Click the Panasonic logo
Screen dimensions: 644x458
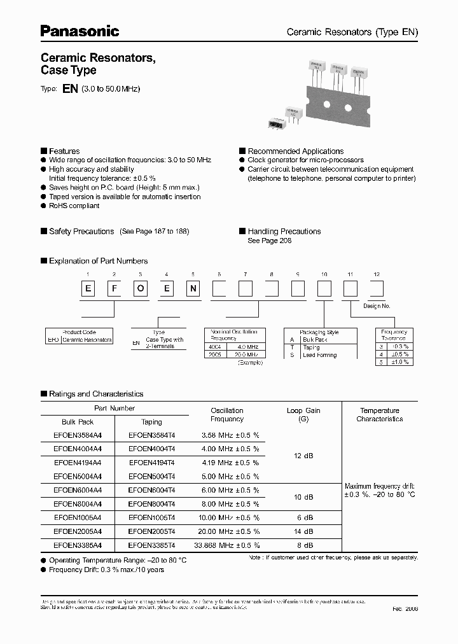(80, 30)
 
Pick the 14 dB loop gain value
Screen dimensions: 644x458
(303, 531)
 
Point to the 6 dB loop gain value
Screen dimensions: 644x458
(303, 517)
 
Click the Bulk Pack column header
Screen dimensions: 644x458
(78, 421)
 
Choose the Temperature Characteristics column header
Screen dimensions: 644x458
(379, 414)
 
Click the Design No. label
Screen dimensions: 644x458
(377, 306)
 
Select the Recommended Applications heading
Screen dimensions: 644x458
(295, 151)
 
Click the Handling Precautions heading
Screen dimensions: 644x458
(284, 231)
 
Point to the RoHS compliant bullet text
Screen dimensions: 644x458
(74, 206)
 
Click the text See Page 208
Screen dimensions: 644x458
(269, 241)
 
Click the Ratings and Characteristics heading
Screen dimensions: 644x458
(96, 394)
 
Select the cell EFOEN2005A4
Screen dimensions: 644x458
(78, 531)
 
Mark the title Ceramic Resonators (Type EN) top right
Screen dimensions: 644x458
(352, 32)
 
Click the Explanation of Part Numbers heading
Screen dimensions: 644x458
(98, 260)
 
